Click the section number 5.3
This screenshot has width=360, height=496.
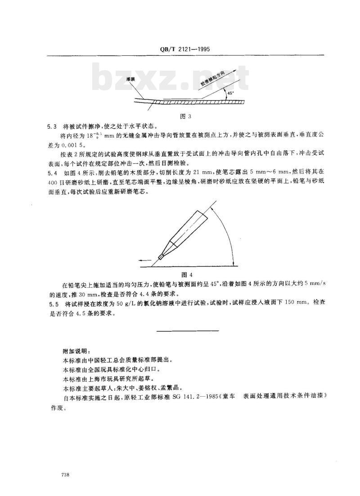pyautogui.click(x=53, y=126)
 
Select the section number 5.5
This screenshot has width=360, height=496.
pyautogui.click(x=53, y=304)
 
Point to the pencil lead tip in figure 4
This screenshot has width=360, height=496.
pyautogui.click(x=161, y=258)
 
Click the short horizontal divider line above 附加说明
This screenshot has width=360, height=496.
pyautogui.click(x=187, y=331)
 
